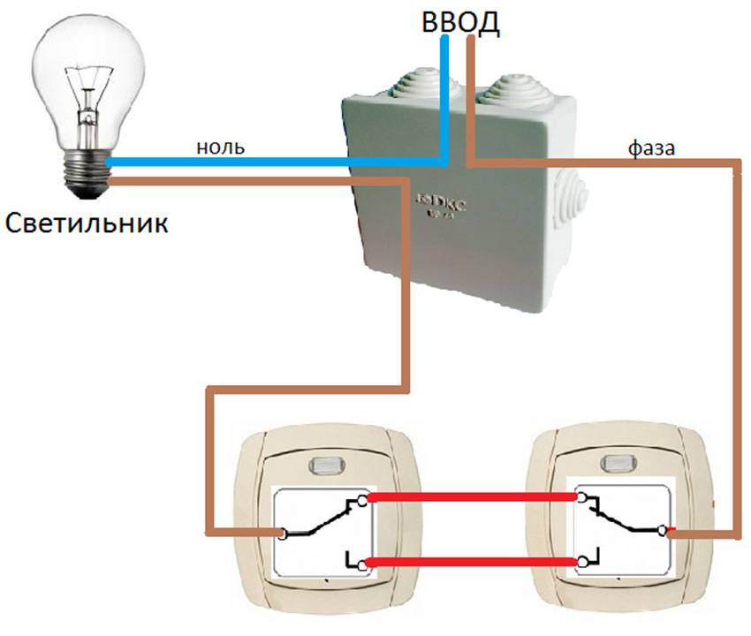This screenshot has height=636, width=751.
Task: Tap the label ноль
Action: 222,146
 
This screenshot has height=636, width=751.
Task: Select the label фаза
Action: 651,148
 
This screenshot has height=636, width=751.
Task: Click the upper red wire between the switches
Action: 474,498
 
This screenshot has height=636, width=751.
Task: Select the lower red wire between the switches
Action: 474,562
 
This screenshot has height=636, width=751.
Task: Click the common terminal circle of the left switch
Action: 282,534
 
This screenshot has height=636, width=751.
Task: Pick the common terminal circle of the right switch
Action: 663,530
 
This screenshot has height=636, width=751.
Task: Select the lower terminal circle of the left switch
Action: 361,562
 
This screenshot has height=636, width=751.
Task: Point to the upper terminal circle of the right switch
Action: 581,498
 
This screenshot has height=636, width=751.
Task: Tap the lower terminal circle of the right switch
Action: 581,562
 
